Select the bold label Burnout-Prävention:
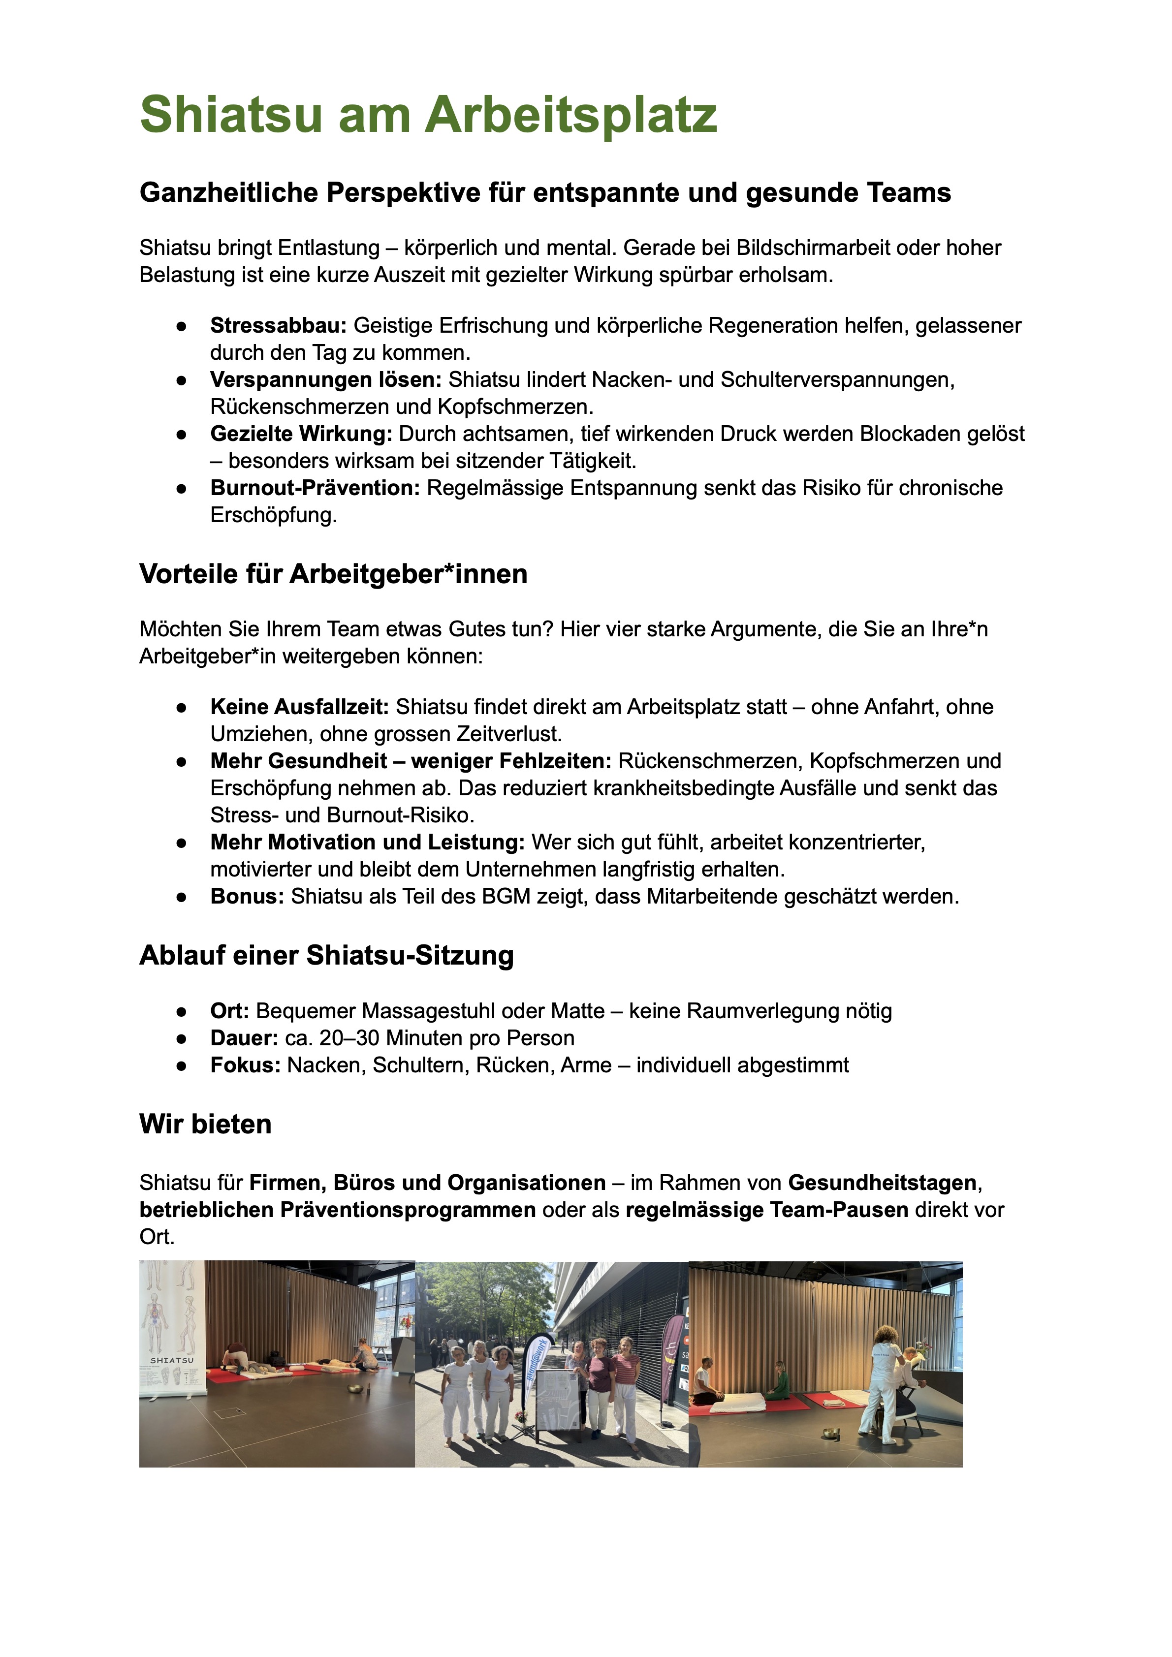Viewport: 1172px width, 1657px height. pyautogui.click(x=315, y=488)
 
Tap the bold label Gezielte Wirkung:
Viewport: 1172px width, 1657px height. pyautogui.click(x=301, y=434)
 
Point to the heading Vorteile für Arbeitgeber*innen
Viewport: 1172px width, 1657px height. pyautogui.click(x=333, y=574)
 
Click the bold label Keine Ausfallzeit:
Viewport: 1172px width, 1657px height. pyautogui.click(x=299, y=707)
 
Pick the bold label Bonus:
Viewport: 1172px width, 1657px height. pyautogui.click(x=247, y=896)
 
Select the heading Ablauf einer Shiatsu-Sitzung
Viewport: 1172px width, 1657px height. pyautogui.click(x=326, y=955)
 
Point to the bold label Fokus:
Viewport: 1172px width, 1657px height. pyautogui.click(x=245, y=1065)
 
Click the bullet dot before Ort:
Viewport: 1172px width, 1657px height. pyautogui.click(x=181, y=1011)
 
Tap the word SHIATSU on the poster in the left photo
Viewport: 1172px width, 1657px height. pyautogui.click(x=172, y=1360)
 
